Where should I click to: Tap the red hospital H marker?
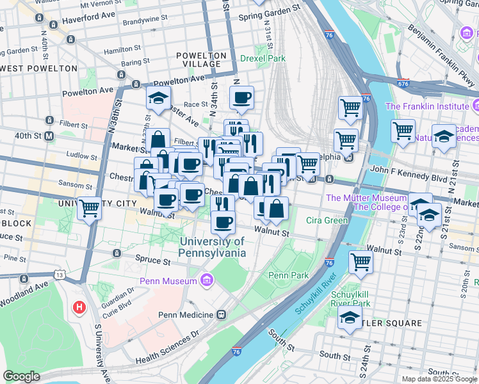(79, 308)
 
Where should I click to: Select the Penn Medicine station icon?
(222, 315)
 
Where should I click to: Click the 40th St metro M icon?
(49, 136)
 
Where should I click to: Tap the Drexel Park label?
(263, 58)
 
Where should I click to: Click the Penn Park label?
(288, 275)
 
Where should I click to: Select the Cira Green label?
(327, 221)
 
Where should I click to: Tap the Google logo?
(21, 376)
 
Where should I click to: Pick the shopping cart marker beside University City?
(90, 207)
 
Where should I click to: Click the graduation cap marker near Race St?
(158, 99)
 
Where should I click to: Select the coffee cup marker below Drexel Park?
(241, 98)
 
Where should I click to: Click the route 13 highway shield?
(60, 275)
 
